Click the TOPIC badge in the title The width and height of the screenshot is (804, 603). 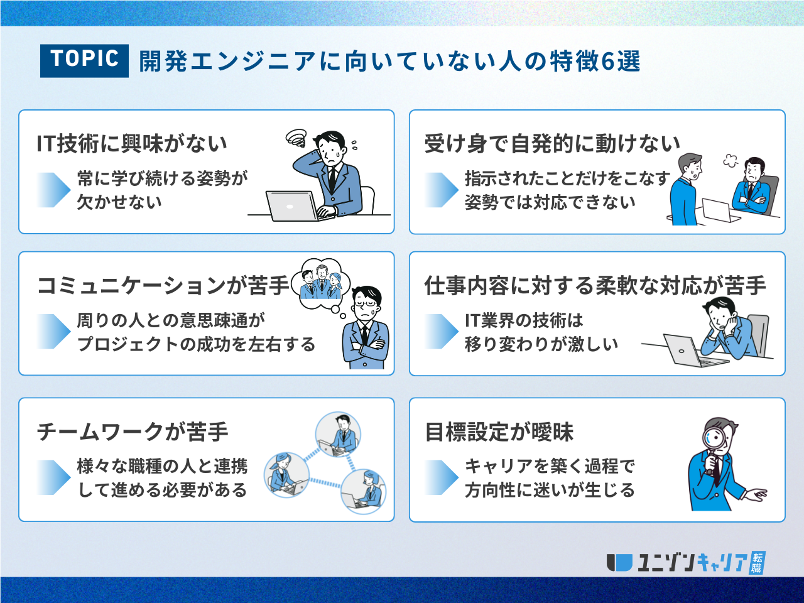84,60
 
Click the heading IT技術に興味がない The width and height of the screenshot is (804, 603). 132,143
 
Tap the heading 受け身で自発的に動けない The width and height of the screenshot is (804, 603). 552,143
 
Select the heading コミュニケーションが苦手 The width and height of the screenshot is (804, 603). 163,285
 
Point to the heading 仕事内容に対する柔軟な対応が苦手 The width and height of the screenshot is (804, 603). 595,285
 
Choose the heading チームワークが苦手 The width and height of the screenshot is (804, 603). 133,432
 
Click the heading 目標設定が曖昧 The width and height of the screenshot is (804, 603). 499,432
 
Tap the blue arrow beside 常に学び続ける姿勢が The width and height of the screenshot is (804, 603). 53,190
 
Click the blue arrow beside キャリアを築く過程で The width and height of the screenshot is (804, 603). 442,477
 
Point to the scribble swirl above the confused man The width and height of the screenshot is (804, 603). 296,138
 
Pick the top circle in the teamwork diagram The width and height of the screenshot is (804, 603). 338,435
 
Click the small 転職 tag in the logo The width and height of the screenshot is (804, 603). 756,563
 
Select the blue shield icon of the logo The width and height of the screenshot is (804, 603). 619,563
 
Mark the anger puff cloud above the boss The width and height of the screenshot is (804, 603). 731,160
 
